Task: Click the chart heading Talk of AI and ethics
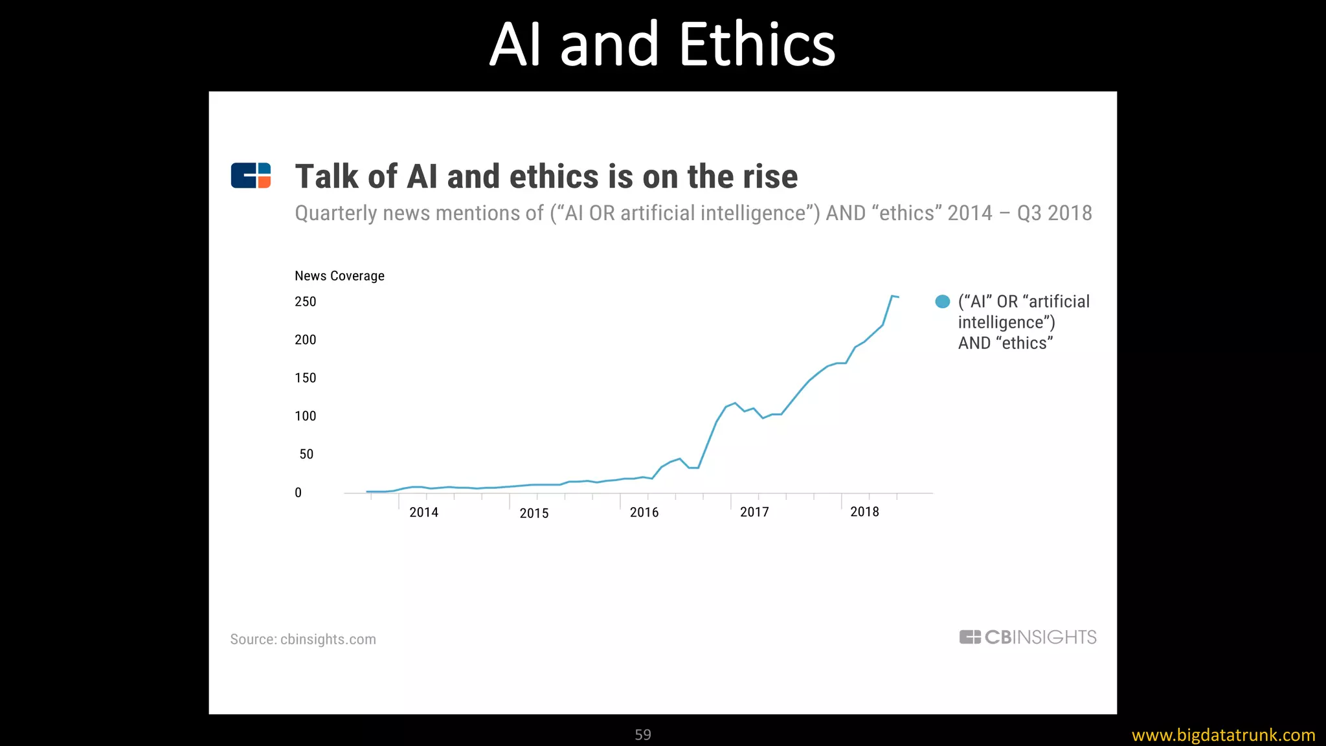click(546, 176)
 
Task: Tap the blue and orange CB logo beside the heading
click(251, 175)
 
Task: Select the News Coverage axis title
click(339, 276)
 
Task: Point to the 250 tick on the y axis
click(305, 302)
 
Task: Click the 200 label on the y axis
click(305, 340)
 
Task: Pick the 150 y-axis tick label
click(305, 378)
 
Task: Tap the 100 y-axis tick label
click(305, 416)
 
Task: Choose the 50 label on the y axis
click(306, 455)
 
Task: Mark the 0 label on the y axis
click(298, 493)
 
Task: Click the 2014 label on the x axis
click(423, 513)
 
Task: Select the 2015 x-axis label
click(534, 514)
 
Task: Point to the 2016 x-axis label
click(644, 513)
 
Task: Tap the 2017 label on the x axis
click(754, 512)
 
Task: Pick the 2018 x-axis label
click(864, 512)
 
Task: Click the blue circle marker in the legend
click(943, 301)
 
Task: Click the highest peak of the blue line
click(892, 296)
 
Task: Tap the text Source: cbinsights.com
click(303, 639)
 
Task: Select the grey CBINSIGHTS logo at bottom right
click(1028, 637)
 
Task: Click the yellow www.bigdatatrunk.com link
click(1223, 735)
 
